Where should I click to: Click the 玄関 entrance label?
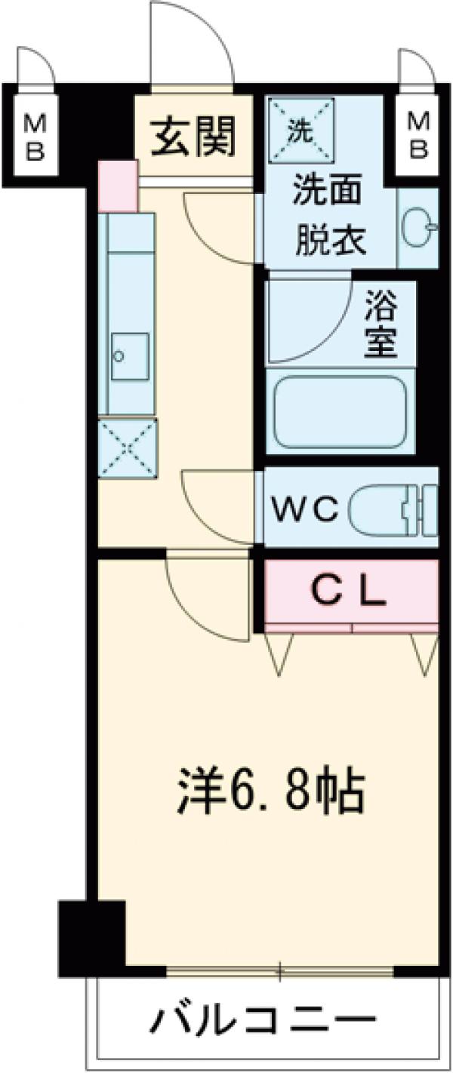click(x=193, y=137)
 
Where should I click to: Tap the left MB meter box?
click(x=35, y=136)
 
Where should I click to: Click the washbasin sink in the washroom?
click(x=418, y=229)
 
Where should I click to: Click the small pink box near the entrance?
click(x=119, y=186)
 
